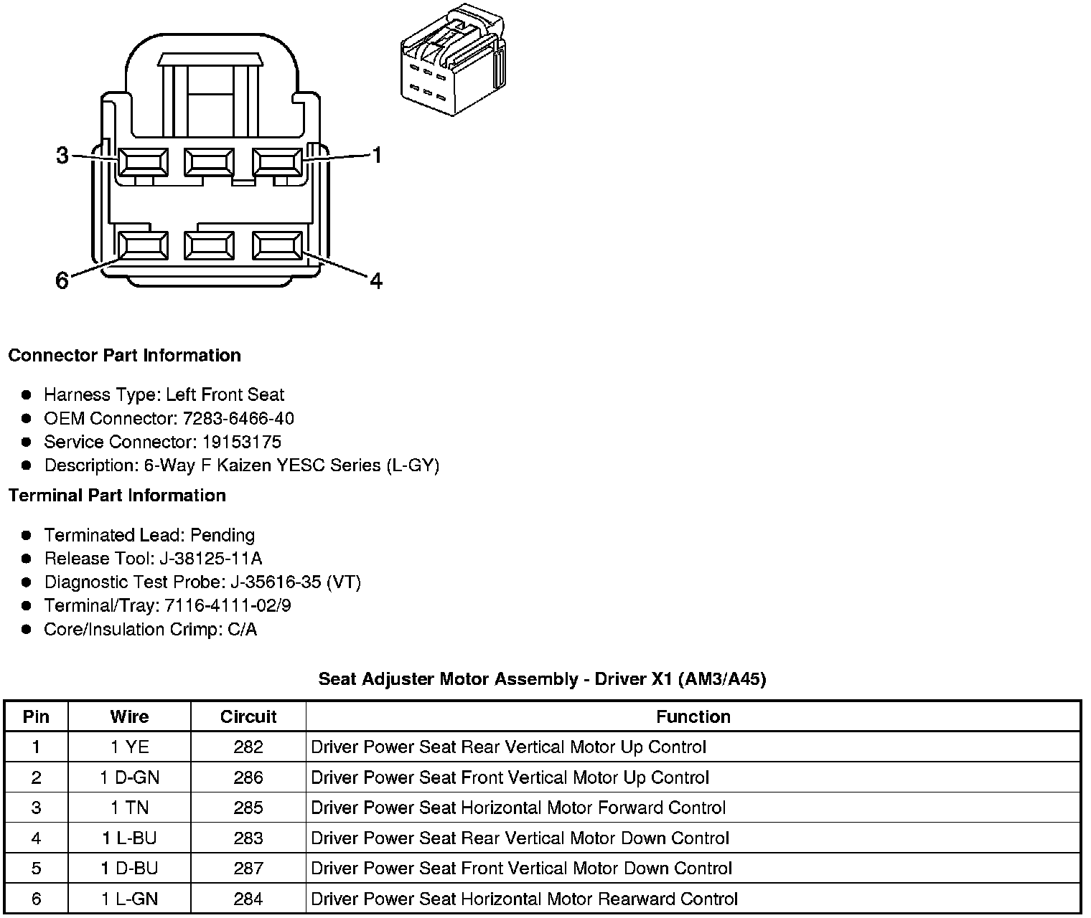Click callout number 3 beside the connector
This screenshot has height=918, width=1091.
point(62,155)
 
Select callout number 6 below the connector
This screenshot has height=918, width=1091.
point(62,280)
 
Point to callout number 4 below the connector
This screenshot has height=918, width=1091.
point(376,280)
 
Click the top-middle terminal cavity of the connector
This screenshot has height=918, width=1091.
point(209,161)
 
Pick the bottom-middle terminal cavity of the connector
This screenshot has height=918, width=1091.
point(209,246)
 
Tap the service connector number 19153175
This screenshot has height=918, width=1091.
point(241,442)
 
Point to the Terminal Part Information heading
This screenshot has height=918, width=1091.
point(117,496)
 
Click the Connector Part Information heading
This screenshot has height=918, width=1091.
point(124,356)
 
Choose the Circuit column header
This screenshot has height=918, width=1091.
point(248,716)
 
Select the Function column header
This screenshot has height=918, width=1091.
point(693,716)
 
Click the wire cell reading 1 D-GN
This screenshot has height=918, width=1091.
point(130,777)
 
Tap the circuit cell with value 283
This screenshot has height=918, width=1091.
point(248,838)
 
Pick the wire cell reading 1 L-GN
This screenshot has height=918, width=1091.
point(130,899)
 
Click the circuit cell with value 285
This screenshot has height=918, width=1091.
point(248,808)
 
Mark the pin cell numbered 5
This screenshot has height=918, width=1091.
point(37,869)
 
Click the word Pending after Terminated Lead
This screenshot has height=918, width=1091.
point(223,535)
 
